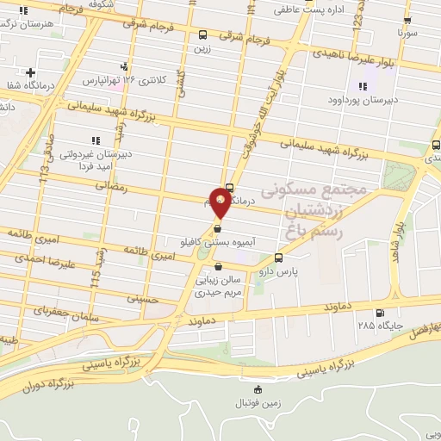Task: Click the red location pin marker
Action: [221, 202]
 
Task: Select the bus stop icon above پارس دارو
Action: [278, 258]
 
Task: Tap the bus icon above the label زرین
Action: [202, 35]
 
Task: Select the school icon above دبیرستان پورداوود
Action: [362, 86]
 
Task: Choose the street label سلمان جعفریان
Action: [65, 314]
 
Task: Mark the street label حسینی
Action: [143, 299]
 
